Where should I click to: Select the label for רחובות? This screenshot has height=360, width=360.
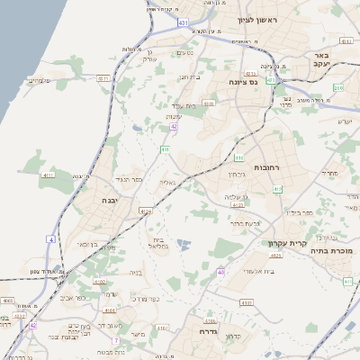point(268,167)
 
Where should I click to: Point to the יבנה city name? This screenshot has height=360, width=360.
point(110,200)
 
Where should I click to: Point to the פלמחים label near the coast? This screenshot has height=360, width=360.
point(38,80)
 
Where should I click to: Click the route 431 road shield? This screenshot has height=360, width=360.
point(184,20)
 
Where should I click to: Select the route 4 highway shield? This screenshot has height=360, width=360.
point(51,240)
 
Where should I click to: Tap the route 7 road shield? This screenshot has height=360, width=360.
point(116,340)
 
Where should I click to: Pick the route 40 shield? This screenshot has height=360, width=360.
point(221,271)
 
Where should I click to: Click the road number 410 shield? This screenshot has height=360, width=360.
point(166,148)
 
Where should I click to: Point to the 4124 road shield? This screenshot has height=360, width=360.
point(146,211)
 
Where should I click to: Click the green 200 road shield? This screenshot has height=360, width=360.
point(338,88)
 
